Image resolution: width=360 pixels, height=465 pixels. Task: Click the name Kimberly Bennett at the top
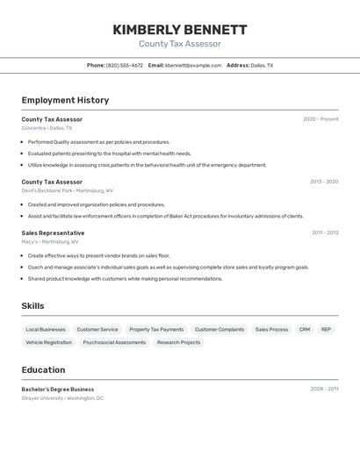click(x=180, y=30)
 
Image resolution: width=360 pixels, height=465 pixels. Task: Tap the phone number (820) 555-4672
click(x=125, y=65)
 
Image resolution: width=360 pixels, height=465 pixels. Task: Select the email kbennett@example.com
click(x=193, y=65)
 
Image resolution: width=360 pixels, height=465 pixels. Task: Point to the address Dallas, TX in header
click(x=262, y=65)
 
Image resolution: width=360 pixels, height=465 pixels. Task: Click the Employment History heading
click(x=65, y=100)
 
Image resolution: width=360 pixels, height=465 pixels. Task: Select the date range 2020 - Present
click(x=320, y=119)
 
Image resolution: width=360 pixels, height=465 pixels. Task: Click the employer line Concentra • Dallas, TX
click(x=47, y=128)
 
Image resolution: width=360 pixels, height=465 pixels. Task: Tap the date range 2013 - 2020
click(x=324, y=182)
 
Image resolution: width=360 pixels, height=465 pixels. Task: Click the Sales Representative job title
click(x=53, y=232)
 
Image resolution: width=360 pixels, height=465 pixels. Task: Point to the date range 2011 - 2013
click(x=325, y=232)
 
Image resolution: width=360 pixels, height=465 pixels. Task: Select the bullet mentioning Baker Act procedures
click(x=165, y=216)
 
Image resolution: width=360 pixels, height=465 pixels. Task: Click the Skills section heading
click(x=32, y=306)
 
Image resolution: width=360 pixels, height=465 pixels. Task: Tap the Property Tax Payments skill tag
click(x=156, y=329)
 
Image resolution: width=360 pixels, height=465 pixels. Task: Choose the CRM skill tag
click(x=305, y=329)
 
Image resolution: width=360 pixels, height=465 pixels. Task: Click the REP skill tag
click(x=326, y=329)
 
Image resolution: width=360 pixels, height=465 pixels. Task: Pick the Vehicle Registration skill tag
click(x=49, y=342)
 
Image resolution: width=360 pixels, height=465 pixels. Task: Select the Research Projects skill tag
click(x=178, y=342)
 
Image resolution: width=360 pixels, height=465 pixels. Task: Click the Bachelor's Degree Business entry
click(x=58, y=389)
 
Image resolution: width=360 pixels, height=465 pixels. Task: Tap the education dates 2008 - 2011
click(x=324, y=389)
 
